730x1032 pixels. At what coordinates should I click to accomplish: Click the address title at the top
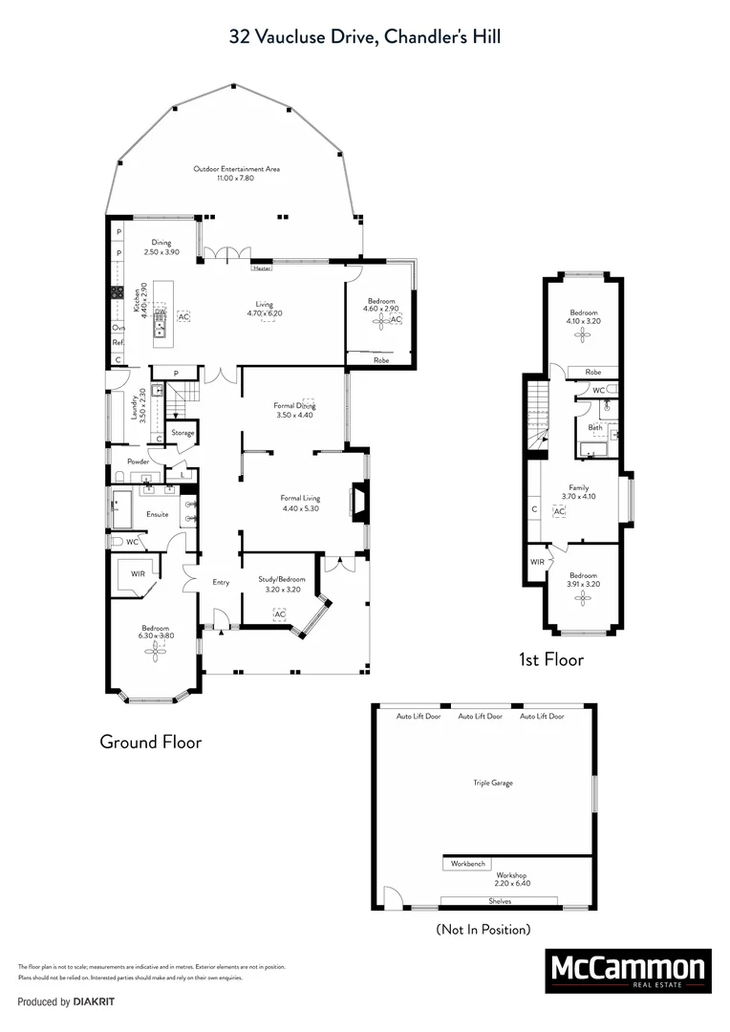pyautogui.click(x=365, y=36)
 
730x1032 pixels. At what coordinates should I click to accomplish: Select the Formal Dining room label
pyautogui.click(x=294, y=410)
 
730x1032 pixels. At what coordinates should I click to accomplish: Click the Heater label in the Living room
pyautogui.click(x=262, y=269)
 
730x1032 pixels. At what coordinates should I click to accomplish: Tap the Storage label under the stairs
pyautogui.click(x=182, y=433)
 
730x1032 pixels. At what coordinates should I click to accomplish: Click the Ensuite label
pyautogui.click(x=157, y=514)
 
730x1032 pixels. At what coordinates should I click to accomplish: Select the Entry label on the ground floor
pyautogui.click(x=221, y=581)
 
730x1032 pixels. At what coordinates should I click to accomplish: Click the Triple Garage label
pyautogui.click(x=493, y=783)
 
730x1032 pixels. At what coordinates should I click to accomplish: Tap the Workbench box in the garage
pyautogui.click(x=468, y=864)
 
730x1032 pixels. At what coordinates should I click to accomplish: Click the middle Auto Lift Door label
pyautogui.click(x=481, y=716)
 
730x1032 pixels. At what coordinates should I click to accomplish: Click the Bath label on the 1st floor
pyautogui.click(x=594, y=427)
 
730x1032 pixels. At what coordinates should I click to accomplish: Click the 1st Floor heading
pyautogui.click(x=551, y=659)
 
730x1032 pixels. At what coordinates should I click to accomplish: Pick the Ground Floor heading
pyautogui.click(x=151, y=742)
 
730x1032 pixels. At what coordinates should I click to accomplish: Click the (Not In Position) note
pyautogui.click(x=483, y=929)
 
